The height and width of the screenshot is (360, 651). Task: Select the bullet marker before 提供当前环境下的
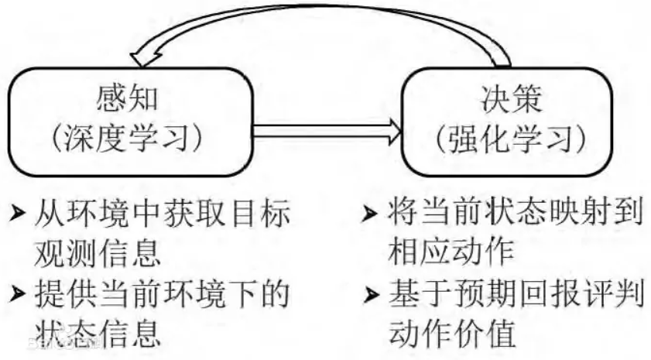[x=16, y=294]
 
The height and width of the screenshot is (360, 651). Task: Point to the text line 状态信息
[x=98, y=333]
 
